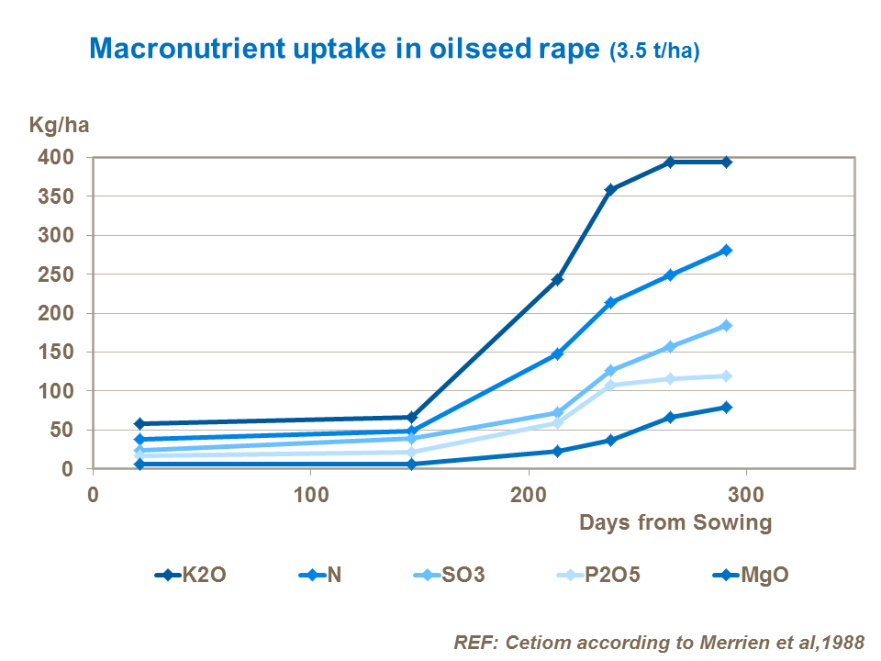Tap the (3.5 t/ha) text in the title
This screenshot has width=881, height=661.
[x=654, y=52]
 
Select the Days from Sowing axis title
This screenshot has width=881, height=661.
[x=675, y=523]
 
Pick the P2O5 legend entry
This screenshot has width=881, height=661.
[x=597, y=576]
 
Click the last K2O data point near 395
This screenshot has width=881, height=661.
[x=726, y=162]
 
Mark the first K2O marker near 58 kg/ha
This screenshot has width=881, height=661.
[x=139, y=423]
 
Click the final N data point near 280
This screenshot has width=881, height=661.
[x=726, y=251]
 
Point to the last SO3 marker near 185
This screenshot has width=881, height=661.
[x=726, y=326]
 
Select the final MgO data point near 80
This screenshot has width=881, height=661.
[x=726, y=407]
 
